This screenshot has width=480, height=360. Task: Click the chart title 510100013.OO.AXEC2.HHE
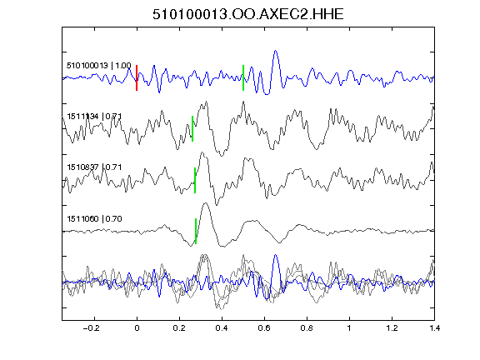248,14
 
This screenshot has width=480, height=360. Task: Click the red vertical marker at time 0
137,77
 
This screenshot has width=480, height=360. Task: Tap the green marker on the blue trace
243,77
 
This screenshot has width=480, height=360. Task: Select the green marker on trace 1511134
192,128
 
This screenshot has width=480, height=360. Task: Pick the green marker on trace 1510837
195,180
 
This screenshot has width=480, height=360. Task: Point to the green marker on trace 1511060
196,231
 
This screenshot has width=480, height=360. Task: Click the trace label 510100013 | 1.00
99,66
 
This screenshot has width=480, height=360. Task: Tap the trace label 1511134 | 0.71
94,117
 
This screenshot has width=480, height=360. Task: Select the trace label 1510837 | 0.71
94,167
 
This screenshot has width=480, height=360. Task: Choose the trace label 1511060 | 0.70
94,218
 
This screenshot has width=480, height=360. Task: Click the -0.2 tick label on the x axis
91,328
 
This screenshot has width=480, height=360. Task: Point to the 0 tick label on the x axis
137,328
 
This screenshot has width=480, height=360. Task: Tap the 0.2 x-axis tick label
179,328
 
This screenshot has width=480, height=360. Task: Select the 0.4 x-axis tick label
222,328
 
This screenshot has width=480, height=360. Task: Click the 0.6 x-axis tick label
264,328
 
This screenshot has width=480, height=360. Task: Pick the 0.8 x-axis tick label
307,328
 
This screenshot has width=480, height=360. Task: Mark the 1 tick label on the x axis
349,328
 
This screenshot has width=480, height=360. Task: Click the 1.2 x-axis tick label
392,328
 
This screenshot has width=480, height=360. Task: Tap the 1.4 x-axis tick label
435,328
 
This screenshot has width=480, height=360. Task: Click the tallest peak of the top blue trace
276,51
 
